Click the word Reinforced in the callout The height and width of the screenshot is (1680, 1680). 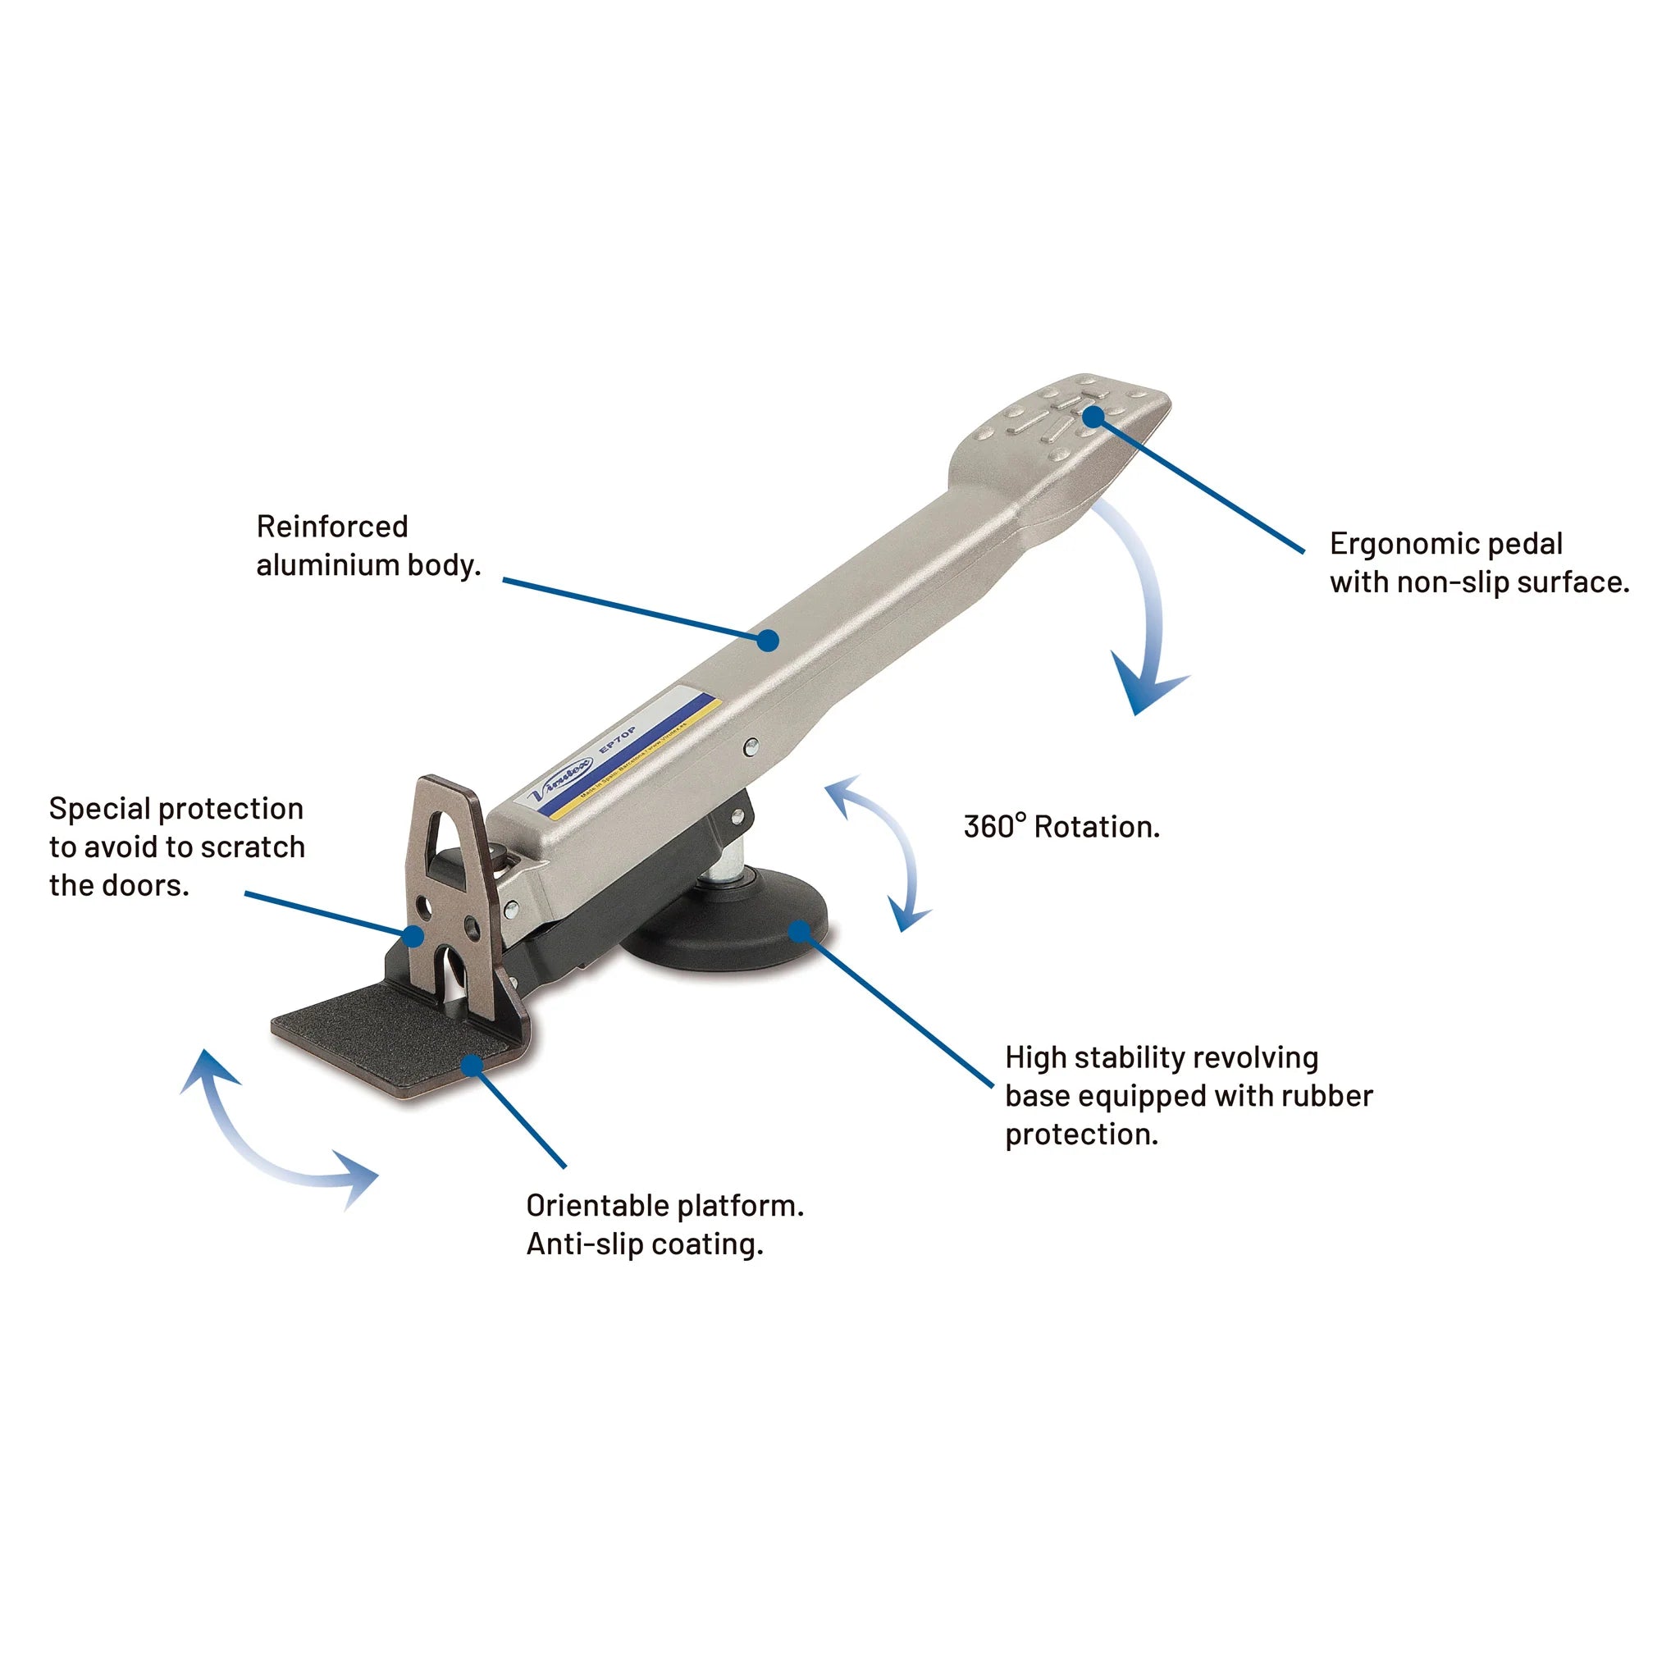tap(331, 527)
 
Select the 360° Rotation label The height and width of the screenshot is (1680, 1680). tap(1061, 827)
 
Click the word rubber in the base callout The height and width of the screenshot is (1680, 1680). tap(1329, 1096)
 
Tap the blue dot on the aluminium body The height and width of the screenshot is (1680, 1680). tap(767, 641)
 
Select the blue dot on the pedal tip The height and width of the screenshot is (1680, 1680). tap(1093, 418)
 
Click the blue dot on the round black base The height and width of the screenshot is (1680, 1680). tap(800, 933)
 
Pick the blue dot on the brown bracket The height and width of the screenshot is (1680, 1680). tap(415, 937)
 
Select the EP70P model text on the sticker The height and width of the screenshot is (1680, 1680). tap(619, 739)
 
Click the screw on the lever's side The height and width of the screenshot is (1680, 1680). tap(751, 745)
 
